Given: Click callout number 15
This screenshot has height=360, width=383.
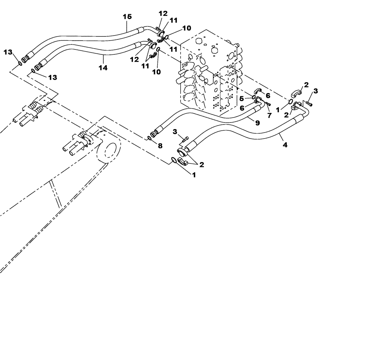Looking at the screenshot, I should coord(127,16).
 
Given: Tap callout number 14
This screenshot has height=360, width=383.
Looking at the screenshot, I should coord(102,68).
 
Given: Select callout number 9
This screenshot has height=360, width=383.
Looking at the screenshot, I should coord(257,123).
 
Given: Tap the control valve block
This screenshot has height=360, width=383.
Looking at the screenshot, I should coord(209,73).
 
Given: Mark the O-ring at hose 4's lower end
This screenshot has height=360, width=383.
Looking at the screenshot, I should coord(173,160).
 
